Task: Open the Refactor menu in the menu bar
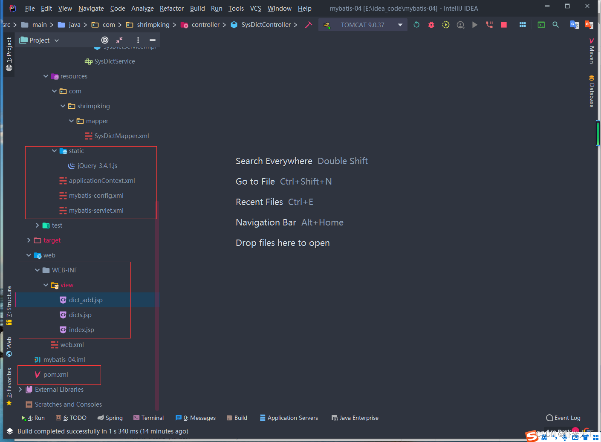coord(171,9)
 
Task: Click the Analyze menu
coord(142,9)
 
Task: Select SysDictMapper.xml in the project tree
coord(121,136)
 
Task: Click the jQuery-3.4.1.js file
coord(97,166)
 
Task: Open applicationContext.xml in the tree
coord(102,181)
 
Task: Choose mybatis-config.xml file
coord(96,196)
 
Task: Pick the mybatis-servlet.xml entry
coord(96,211)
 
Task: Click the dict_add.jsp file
coord(86,300)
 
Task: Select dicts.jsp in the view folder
coord(80,315)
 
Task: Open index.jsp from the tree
coord(81,330)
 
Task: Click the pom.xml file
coord(55,375)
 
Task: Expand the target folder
coord(29,240)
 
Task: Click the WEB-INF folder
coord(64,270)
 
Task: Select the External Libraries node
coord(59,390)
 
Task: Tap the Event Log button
coord(563,418)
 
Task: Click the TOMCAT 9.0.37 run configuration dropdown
coord(362,25)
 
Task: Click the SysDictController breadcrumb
coord(266,25)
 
